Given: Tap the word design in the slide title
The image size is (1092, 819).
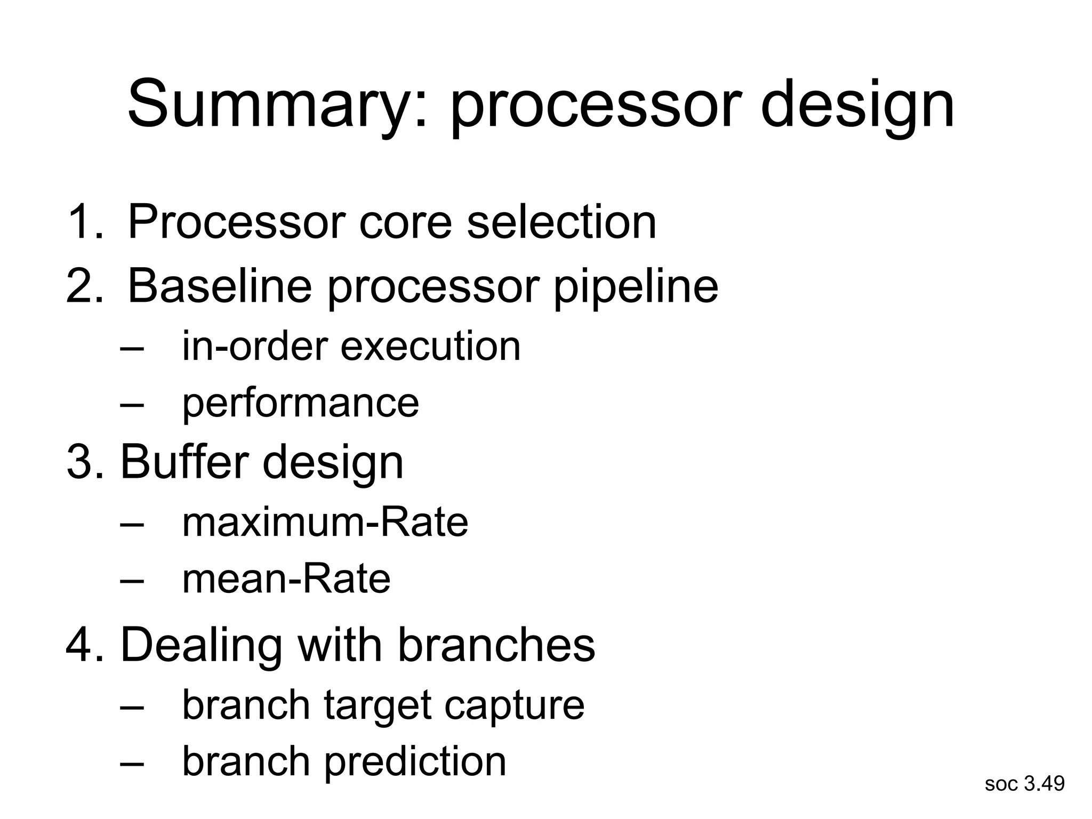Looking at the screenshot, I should [857, 104].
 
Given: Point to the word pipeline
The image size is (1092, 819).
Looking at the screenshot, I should [636, 286].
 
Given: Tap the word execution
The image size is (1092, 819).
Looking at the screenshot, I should [430, 347].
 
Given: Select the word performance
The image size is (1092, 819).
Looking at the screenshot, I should [300, 404].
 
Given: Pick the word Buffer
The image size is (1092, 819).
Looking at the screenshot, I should [184, 462].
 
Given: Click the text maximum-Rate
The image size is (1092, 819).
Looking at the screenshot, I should [325, 522].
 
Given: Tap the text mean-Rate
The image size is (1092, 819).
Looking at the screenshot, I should [286, 579].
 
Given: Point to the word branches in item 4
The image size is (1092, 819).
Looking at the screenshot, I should [496, 645].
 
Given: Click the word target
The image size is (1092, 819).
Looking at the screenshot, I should [376, 706].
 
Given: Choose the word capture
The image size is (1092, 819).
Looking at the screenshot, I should [514, 706].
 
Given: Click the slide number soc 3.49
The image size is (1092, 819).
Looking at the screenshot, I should [1024, 783].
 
